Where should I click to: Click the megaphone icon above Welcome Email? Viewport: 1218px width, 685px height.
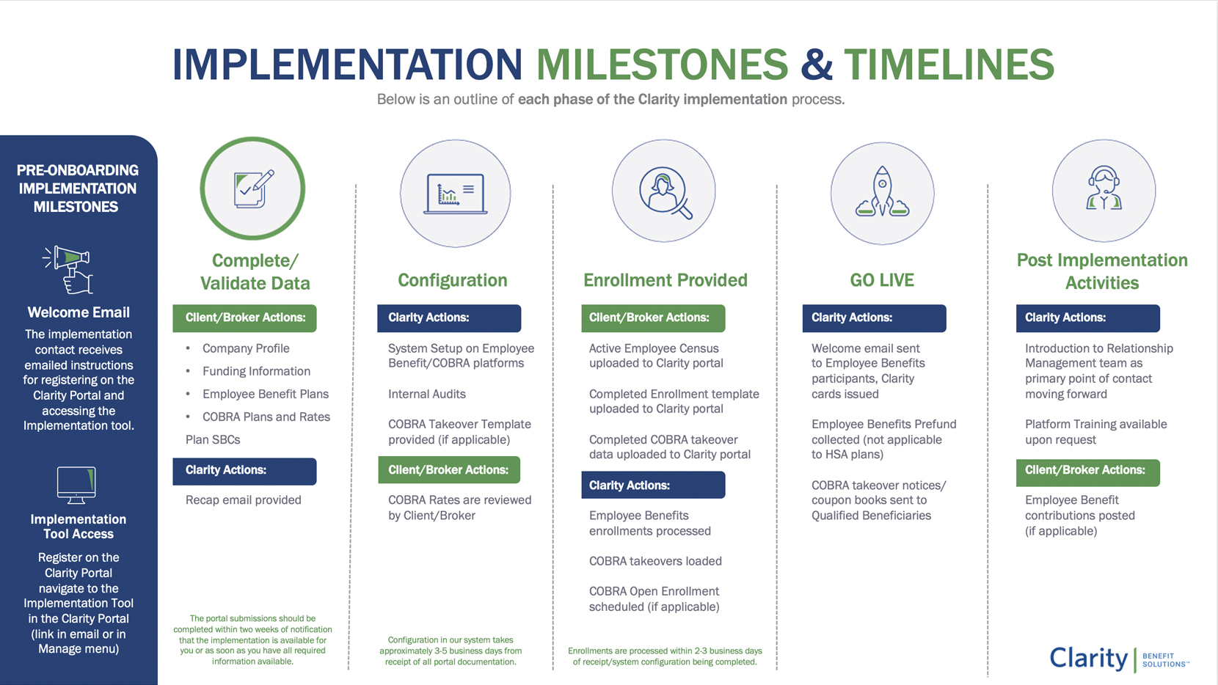coord(68,270)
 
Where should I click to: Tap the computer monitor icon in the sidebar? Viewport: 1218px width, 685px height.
coord(76,485)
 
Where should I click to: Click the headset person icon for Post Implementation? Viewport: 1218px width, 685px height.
coord(1104,188)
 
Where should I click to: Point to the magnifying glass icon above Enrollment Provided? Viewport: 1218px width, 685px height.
coord(665,192)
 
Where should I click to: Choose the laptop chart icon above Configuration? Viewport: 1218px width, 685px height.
coord(455,194)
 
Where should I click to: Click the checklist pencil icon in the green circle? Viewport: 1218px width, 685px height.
coord(253,189)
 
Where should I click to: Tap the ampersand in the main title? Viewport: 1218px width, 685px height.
coord(816,64)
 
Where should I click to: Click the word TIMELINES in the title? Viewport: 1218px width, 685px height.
coord(949,64)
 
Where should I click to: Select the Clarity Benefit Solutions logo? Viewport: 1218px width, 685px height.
coord(1119,659)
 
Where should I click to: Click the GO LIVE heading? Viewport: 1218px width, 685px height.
coord(882,280)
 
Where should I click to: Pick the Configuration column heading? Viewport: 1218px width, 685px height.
coord(453,280)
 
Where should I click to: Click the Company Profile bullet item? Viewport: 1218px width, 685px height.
coord(246,348)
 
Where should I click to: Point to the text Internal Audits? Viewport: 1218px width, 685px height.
coord(427,394)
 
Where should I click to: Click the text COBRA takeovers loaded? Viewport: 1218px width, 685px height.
coord(655,561)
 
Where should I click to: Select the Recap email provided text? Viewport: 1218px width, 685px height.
coord(243,500)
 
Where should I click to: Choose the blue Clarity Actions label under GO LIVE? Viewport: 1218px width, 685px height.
coord(875,318)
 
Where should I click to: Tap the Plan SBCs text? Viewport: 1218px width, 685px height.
coord(213,440)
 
